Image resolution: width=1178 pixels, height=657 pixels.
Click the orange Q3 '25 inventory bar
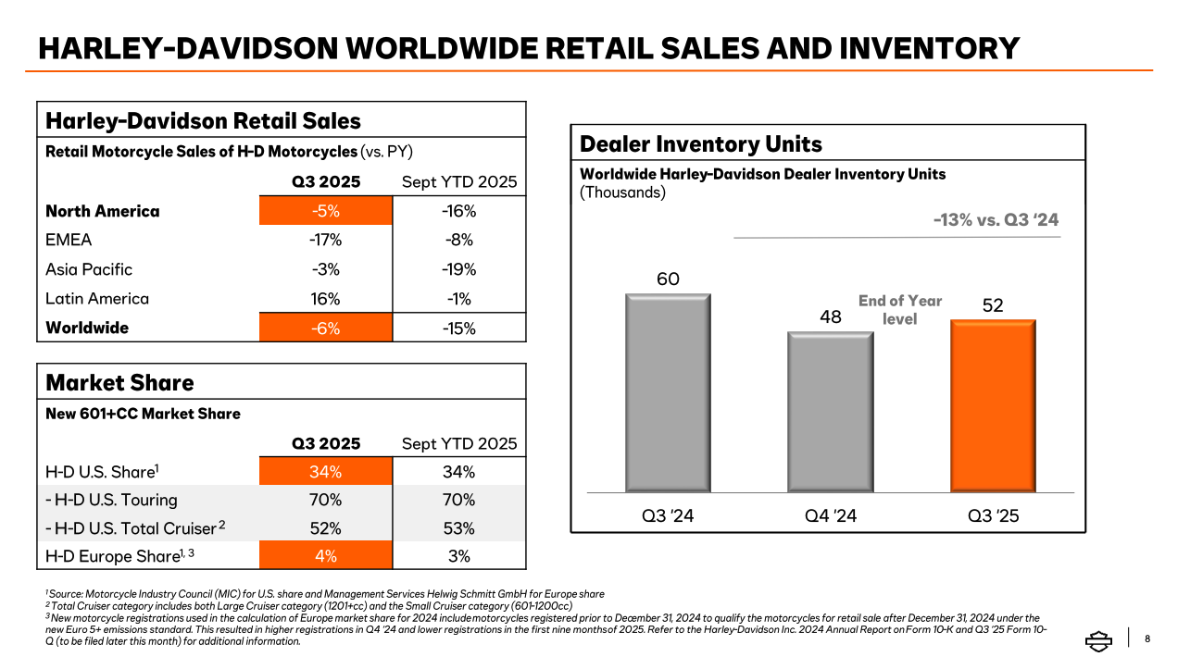[992, 404]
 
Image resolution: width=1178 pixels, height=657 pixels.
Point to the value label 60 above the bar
[668, 279]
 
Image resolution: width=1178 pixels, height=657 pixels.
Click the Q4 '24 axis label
[831, 515]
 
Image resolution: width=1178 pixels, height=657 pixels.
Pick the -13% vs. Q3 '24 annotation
[995, 220]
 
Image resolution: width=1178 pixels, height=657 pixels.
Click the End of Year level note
[899, 310]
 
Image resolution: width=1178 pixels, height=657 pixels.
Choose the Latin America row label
[97, 299]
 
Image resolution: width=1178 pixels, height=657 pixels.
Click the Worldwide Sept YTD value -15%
[458, 328]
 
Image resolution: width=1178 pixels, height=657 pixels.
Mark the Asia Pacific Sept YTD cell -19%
[458, 269]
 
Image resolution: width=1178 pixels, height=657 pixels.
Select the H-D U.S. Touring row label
[111, 500]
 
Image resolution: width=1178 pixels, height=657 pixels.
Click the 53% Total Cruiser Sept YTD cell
[458, 528]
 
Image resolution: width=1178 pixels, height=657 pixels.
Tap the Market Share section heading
[119, 382]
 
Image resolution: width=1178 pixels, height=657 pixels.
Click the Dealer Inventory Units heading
[700, 143]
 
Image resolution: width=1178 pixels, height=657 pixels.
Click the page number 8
[1148, 638]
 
